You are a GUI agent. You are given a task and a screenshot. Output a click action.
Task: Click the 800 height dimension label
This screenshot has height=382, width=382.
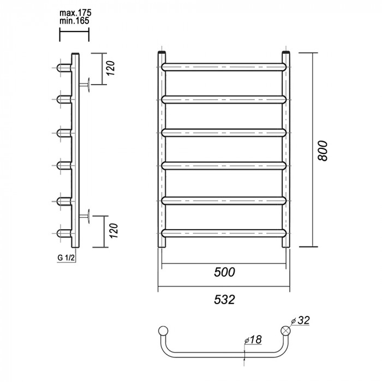323,151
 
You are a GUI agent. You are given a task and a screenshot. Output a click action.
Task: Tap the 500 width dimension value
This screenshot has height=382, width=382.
224,272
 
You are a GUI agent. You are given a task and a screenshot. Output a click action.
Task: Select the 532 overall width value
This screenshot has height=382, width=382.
224,300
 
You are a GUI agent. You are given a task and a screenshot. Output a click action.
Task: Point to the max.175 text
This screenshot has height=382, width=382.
75,13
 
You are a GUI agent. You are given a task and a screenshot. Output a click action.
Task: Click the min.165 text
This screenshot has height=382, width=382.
74,21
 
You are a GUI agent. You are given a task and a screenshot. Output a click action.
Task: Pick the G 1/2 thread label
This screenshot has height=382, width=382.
66,258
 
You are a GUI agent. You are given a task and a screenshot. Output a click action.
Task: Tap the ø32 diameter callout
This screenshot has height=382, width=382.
300,320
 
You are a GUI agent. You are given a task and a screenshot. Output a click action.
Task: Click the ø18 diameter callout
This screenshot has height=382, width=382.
253,339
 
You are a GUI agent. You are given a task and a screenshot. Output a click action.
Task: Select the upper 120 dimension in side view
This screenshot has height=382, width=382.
111,68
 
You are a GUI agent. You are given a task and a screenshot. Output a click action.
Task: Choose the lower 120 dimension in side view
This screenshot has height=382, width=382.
114,231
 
